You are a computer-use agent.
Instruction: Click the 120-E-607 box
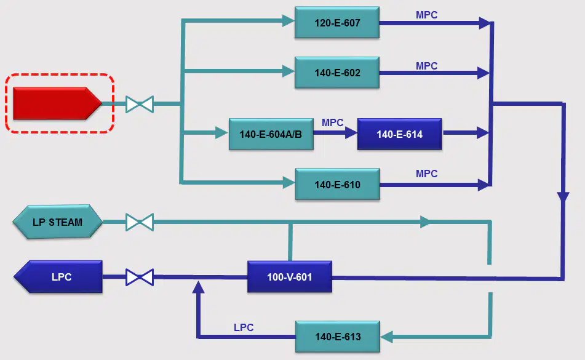point(337,22)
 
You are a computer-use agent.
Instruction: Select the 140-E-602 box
point(337,73)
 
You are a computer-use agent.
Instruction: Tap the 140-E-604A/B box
point(271,134)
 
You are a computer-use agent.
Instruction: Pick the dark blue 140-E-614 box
point(400,134)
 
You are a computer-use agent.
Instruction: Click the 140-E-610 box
point(337,184)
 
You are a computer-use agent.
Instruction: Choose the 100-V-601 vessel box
point(290,277)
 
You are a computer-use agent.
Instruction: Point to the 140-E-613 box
point(338,337)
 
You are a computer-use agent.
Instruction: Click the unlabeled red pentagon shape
point(57,103)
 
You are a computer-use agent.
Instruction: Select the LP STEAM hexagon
point(57,222)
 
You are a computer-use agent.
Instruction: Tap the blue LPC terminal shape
point(58,277)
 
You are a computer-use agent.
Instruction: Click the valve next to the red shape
point(140,104)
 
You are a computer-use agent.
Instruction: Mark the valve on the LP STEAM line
point(140,222)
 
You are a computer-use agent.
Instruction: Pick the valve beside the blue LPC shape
point(140,277)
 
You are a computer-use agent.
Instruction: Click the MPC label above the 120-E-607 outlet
point(426,15)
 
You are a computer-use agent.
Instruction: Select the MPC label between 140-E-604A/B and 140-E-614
point(332,122)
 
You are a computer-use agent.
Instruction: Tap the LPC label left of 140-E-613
point(244,327)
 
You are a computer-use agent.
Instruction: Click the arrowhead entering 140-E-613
point(386,337)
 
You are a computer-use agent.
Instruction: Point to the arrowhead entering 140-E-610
point(289,182)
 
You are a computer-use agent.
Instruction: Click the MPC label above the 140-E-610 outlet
point(426,174)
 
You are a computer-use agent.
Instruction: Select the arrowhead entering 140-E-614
point(351,132)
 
